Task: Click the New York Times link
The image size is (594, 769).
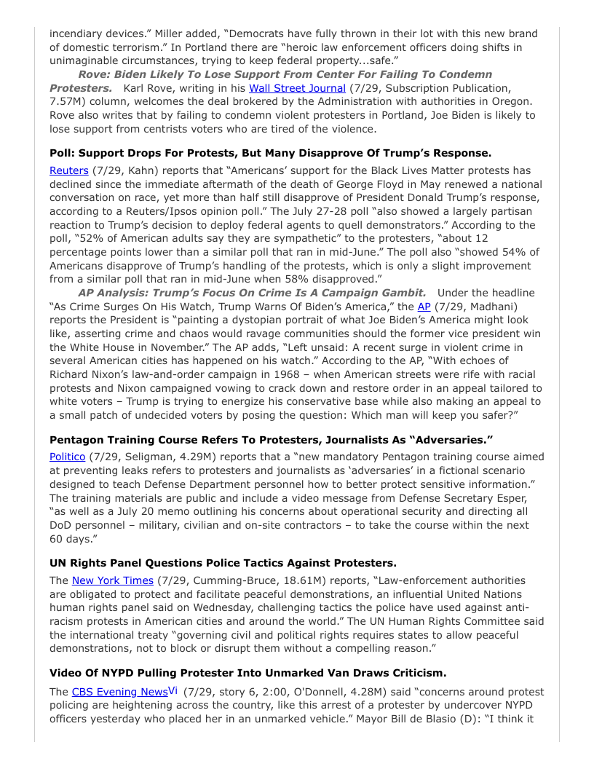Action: click(112, 580)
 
